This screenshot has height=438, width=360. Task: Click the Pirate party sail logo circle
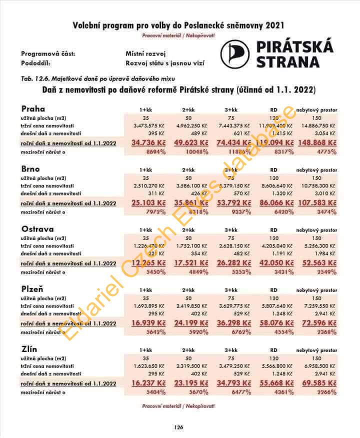coord(234,54)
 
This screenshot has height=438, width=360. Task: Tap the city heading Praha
coord(33,109)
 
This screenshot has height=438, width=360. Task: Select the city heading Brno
coord(31,169)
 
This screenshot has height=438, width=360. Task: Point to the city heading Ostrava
coord(36,229)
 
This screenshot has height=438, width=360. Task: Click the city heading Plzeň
coord(32,289)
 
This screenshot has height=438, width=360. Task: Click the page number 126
coord(179,427)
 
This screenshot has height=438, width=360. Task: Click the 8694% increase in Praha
coord(156,151)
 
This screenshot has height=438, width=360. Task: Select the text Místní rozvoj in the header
coord(145,53)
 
